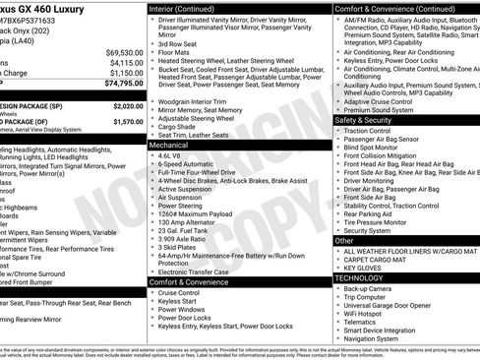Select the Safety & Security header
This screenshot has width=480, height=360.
pos(364,120)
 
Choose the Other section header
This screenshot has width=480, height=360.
pos(344,240)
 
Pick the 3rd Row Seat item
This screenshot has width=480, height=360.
pos(179,44)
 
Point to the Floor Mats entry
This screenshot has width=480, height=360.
pos(176,53)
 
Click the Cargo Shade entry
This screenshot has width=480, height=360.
pos(179,126)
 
